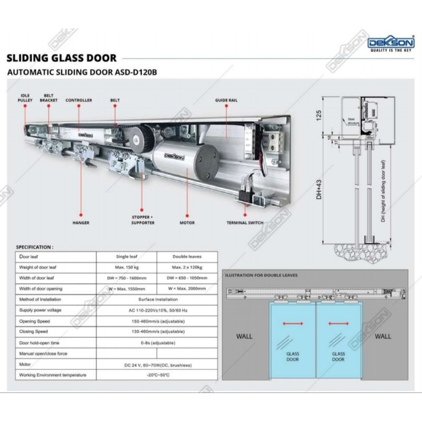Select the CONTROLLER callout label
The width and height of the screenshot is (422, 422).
click(79, 100)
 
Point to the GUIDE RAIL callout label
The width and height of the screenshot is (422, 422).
click(227, 100)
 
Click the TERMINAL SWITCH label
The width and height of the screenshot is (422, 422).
click(246, 223)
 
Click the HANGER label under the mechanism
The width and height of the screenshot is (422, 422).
click(81, 223)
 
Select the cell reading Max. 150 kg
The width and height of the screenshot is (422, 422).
click(127, 267)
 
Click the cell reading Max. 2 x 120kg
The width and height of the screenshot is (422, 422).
click(187, 267)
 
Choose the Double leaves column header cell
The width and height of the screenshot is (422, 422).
click(187, 256)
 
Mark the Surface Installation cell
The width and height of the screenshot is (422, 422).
click(157, 299)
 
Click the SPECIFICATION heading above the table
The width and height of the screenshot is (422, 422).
click(35, 246)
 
